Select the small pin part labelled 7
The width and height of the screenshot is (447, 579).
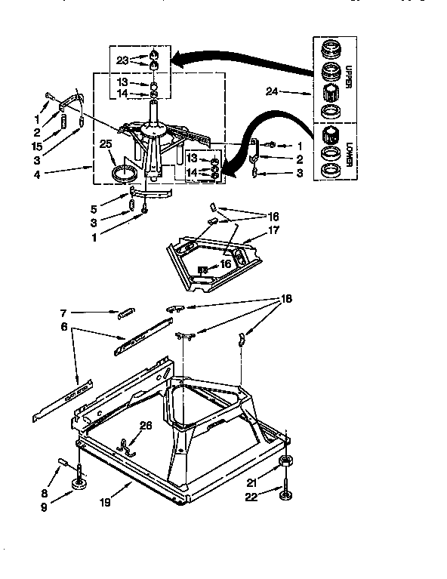click(127, 312)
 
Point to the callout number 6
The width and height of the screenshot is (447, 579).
click(63, 326)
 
